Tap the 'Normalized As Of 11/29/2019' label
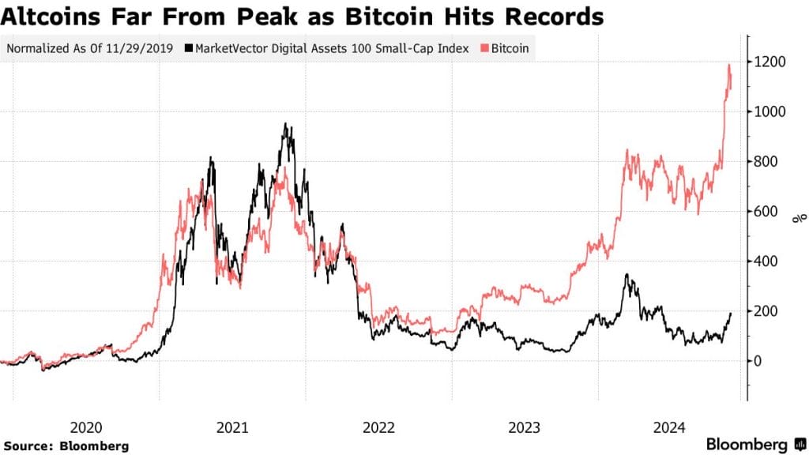(89, 48)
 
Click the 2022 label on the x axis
(378, 427)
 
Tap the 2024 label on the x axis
(669, 427)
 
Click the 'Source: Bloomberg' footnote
(66, 446)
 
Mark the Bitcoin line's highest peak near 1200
(728, 65)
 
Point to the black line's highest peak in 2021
(285, 124)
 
